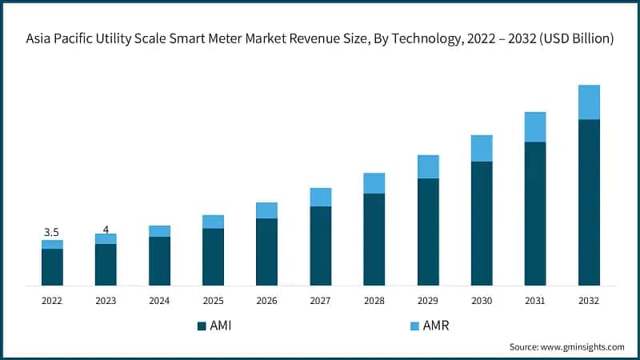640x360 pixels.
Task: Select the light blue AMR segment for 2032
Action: [x=589, y=102]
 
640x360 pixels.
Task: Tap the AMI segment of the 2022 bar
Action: [x=52, y=267]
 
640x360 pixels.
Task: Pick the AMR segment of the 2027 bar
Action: [x=321, y=197]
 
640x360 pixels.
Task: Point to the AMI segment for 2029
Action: [x=428, y=231]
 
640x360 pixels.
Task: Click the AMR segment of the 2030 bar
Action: [x=482, y=148]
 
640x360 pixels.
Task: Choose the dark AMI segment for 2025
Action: [x=213, y=257]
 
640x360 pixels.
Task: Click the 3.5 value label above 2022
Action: [x=51, y=232]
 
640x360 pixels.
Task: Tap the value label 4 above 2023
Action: [x=106, y=230]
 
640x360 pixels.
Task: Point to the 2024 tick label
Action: [x=159, y=301]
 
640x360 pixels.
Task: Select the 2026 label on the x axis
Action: [x=266, y=301]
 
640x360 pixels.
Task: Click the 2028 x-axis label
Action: [x=374, y=301]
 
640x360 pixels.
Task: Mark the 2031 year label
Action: [x=535, y=301]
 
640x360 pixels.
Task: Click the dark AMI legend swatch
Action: [x=202, y=326]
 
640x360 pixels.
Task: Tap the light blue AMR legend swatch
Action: [x=414, y=326]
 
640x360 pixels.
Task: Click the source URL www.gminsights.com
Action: [x=583, y=346]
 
